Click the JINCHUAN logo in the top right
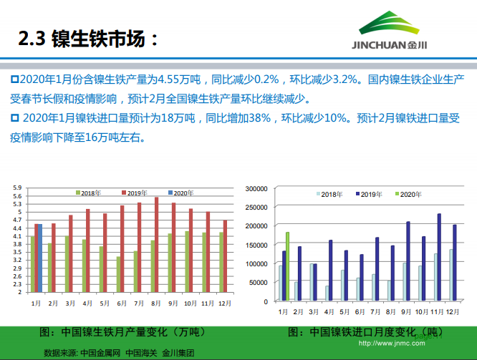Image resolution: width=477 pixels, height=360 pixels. (401, 32)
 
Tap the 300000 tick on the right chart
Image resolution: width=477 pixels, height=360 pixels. (256, 188)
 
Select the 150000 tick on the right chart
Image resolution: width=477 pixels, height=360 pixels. (256, 245)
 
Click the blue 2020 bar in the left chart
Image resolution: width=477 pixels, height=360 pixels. (41, 258)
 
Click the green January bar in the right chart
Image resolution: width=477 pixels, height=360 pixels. (288, 266)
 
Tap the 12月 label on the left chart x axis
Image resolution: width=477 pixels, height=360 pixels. (223, 303)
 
